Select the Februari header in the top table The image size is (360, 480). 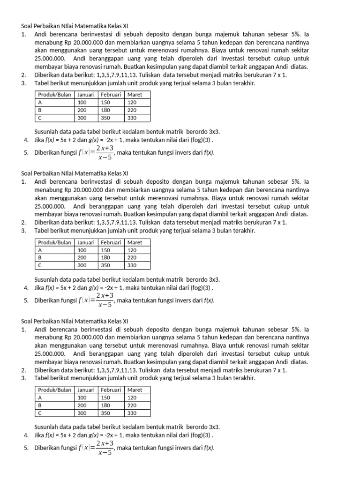(111, 94)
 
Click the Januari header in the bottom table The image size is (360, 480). (87, 390)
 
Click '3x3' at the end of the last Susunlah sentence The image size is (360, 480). (214, 427)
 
